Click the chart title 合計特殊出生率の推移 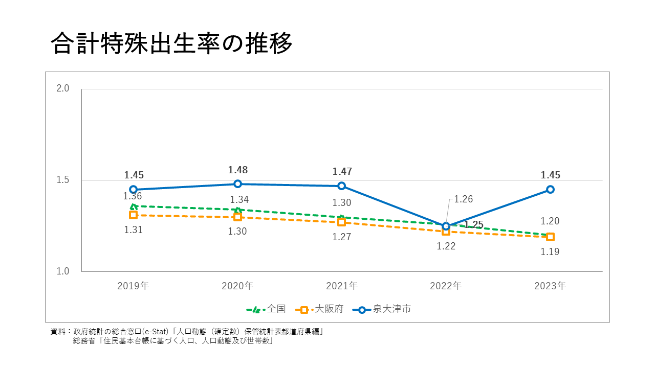pyautogui.click(x=172, y=44)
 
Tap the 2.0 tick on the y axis pyautogui.click(x=63, y=88)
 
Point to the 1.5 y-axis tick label pyautogui.click(x=63, y=180)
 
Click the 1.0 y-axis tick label pyautogui.click(x=63, y=271)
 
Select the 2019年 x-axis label pyautogui.click(x=133, y=286)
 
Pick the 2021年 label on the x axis pyautogui.click(x=342, y=286)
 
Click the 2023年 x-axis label pyautogui.click(x=550, y=286)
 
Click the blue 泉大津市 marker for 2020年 pyautogui.click(x=237, y=184)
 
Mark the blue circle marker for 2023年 pyautogui.click(x=550, y=189)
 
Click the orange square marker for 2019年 pyautogui.click(x=133, y=215)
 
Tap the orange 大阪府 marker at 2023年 pyautogui.click(x=550, y=237)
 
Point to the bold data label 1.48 pyautogui.click(x=237, y=170)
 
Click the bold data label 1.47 pyautogui.click(x=342, y=172)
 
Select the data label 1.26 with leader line pyautogui.click(x=463, y=199)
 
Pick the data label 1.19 pyautogui.click(x=550, y=252)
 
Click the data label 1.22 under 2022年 pyautogui.click(x=446, y=246)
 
